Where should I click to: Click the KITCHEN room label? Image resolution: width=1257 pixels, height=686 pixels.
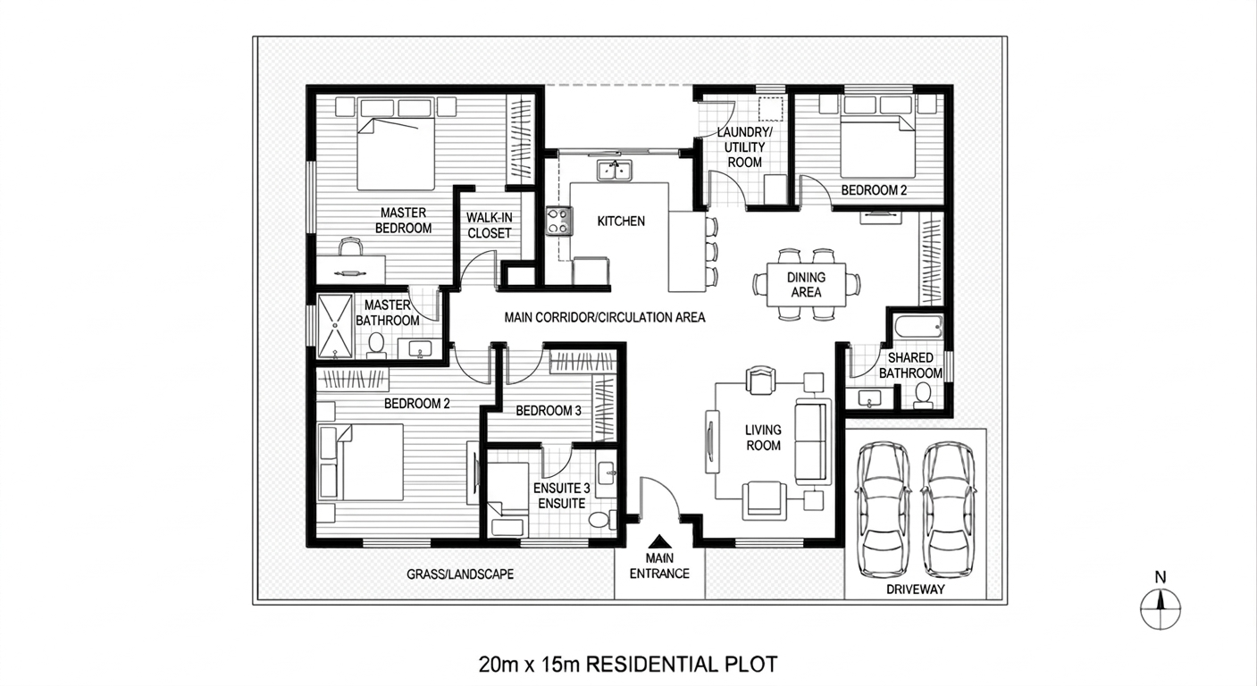[621, 221]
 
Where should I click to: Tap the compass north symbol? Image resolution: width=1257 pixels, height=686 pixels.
[1161, 610]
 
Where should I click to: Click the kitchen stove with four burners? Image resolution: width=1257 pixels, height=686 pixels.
[558, 221]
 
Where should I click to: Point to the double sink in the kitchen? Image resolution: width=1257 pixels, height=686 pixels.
[614, 169]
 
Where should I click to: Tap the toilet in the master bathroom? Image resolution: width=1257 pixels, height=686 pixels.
[376, 344]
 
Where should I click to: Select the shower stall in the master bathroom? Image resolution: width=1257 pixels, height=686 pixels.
[336, 326]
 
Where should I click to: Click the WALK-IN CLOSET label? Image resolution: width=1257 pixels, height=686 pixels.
[489, 225]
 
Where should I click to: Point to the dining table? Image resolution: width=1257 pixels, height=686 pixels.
[805, 284]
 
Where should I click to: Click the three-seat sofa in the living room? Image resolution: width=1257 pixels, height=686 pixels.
[811, 443]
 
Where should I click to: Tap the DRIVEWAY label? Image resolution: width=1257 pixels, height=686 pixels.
[916, 590]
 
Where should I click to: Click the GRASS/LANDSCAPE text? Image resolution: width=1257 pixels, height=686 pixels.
[460, 574]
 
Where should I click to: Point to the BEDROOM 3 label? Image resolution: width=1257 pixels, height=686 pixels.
[549, 411]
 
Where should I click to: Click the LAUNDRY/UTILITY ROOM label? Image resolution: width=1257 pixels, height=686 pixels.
[744, 147]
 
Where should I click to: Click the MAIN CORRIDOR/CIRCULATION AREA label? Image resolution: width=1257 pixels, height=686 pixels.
[605, 317]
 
